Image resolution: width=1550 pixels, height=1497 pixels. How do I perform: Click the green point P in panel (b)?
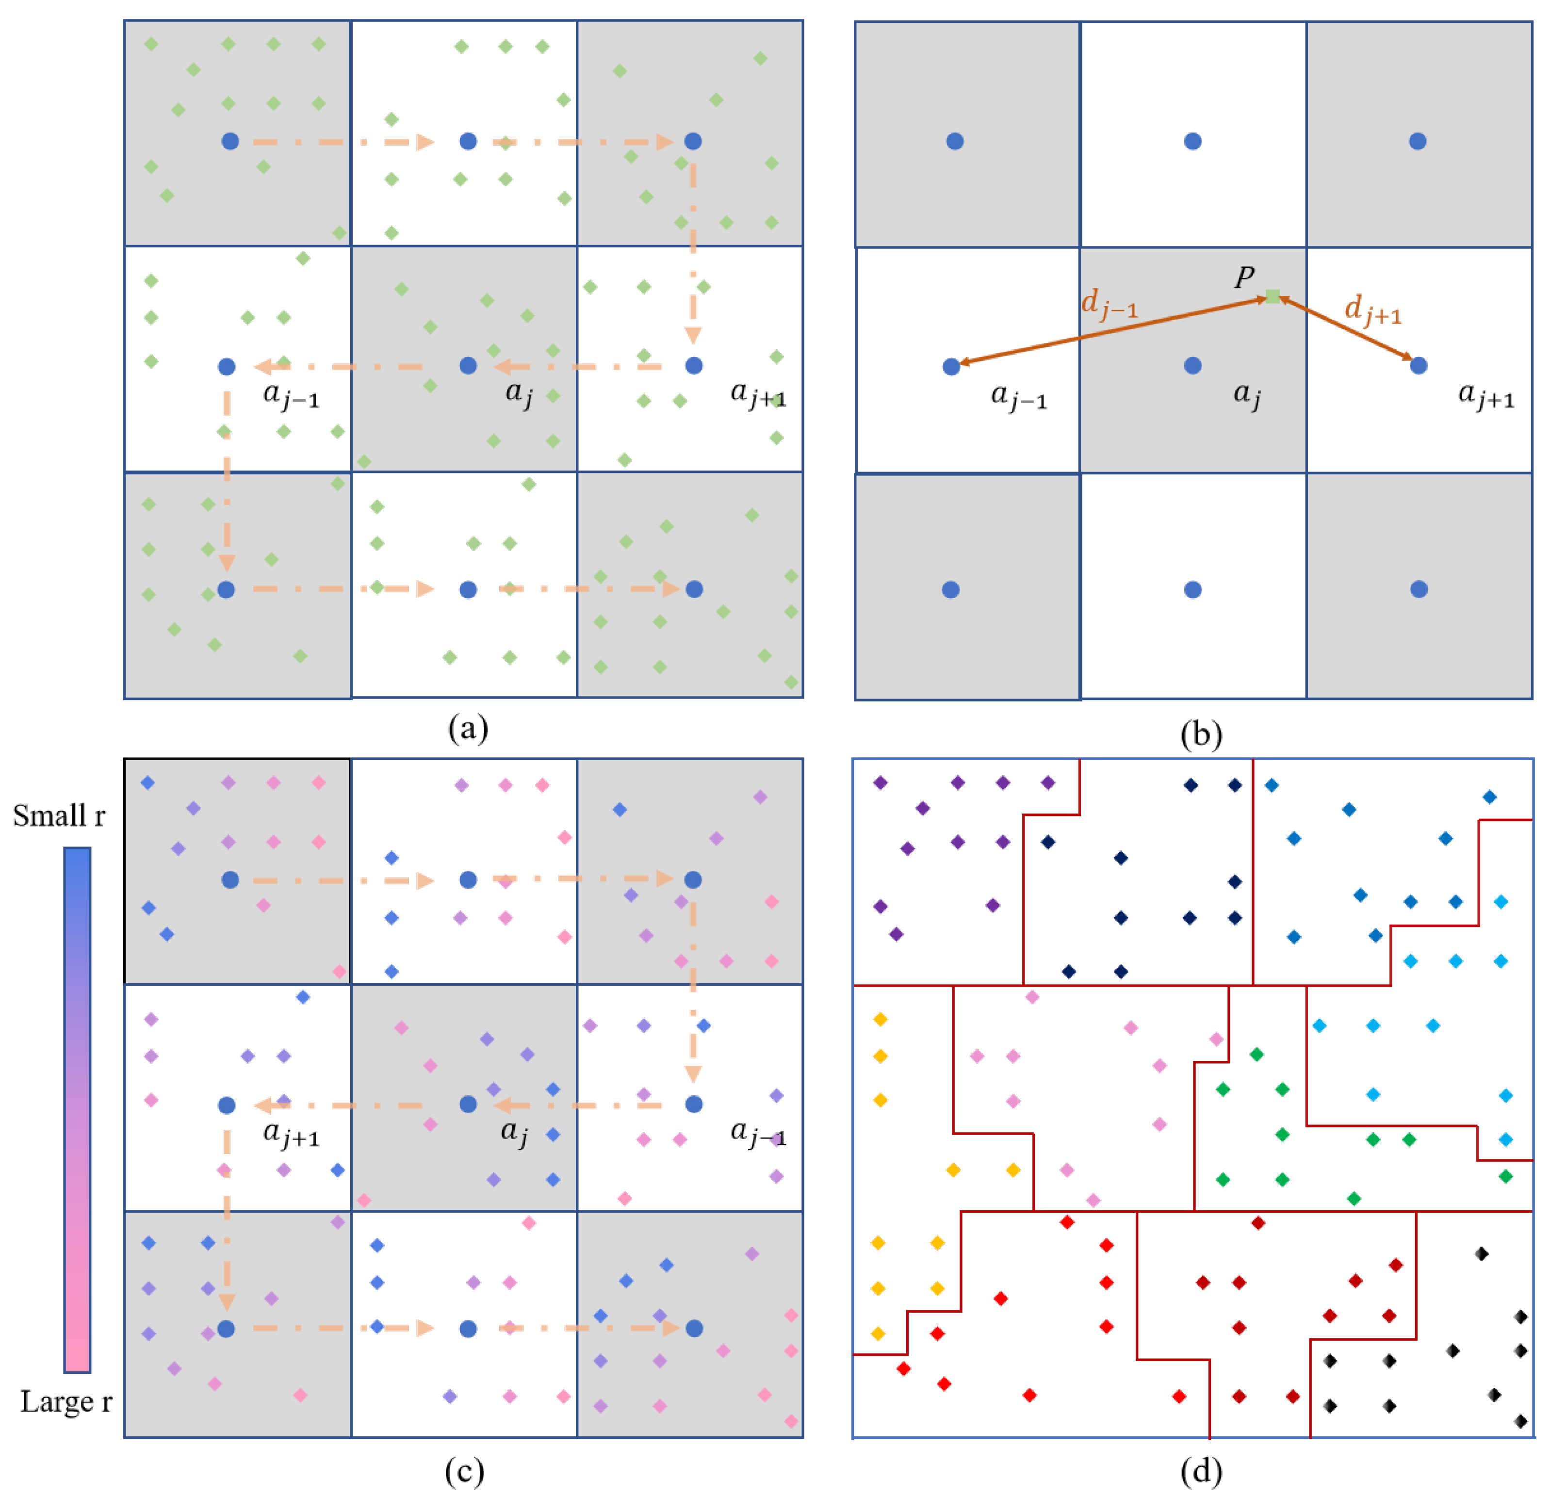click(1273, 296)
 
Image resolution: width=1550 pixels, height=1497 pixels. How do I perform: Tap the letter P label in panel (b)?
click(1244, 277)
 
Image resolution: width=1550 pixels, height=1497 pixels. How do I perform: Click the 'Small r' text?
click(59, 815)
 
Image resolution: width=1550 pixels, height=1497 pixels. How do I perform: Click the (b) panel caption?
click(1200, 734)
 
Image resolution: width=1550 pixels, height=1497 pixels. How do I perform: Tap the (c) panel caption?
click(465, 1471)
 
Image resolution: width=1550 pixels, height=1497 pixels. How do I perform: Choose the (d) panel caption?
click(1200, 1471)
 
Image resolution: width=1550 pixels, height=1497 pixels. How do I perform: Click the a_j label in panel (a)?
click(519, 393)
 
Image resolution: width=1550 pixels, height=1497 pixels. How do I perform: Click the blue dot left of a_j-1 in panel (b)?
click(951, 366)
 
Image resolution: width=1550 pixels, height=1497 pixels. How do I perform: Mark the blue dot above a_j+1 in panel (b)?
click(1419, 365)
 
